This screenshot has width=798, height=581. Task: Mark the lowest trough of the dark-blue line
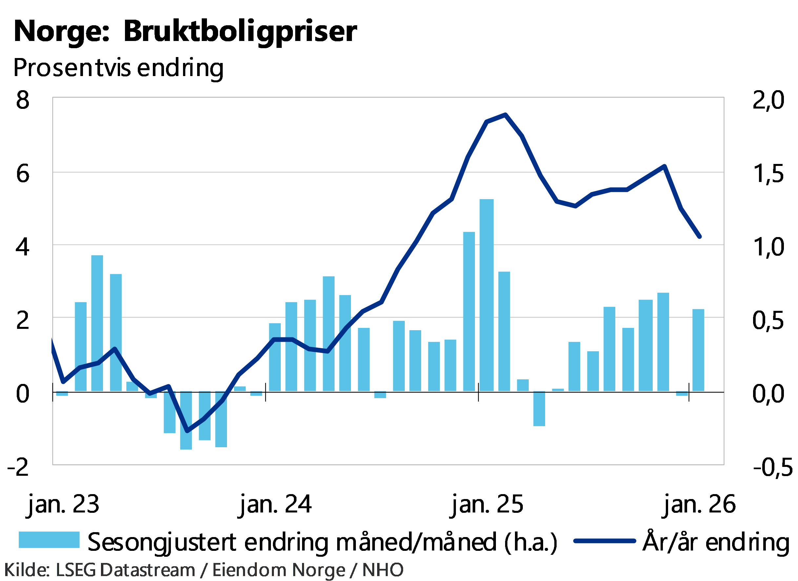188,431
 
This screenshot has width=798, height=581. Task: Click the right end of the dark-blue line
700,237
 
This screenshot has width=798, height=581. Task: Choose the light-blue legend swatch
49,540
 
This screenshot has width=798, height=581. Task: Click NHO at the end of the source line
382,570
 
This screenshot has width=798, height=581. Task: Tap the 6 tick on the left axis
23,173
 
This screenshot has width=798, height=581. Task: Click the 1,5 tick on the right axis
769,173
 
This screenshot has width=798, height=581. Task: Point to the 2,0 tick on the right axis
768,100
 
